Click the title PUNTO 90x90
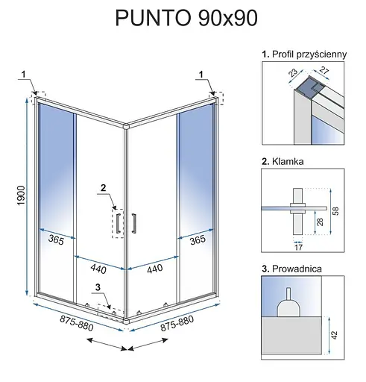(186, 18)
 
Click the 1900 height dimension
(22, 195)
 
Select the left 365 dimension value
(56, 239)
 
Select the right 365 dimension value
(198, 239)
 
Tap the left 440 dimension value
(98, 269)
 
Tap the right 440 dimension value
(155, 269)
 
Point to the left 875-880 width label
(77, 323)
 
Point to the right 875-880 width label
(177, 323)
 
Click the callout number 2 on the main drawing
(103, 187)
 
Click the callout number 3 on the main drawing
(98, 287)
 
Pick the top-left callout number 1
(24, 74)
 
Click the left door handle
(119, 223)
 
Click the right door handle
(133, 223)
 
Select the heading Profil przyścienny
(309, 54)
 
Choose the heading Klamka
(288, 161)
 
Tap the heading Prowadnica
(297, 269)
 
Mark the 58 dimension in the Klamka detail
(335, 210)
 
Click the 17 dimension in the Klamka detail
(298, 247)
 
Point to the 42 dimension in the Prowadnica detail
(335, 335)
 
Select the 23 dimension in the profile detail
(293, 72)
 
